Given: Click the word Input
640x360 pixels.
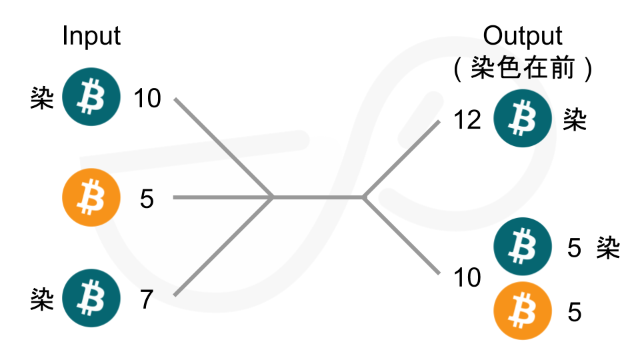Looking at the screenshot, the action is (x=91, y=37).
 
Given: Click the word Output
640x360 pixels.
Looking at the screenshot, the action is (x=523, y=36).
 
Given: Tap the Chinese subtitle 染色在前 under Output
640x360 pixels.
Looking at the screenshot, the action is (x=523, y=67).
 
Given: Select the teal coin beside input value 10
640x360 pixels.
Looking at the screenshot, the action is (x=91, y=97).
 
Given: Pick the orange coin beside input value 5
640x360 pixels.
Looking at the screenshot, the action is (x=91, y=197).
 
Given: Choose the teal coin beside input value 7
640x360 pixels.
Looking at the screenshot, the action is (x=91, y=298).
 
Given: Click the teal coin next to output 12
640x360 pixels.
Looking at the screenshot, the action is (x=523, y=119).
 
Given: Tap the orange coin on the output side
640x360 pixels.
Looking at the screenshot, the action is (x=523, y=311).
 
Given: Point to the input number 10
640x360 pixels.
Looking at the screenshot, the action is (x=147, y=99).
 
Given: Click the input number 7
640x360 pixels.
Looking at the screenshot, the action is (x=147, y=299).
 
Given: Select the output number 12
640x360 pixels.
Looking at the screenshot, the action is (x=467, y=120).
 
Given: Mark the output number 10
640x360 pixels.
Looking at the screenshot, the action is (x=467, y=277).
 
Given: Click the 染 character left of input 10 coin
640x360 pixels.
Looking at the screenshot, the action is (x=42, y=98).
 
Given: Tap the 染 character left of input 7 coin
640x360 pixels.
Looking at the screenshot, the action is (x=42, y=299).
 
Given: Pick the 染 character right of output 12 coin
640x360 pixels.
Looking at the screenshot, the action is (x=575, y=119).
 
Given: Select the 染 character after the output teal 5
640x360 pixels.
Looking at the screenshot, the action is (x=608, y=247).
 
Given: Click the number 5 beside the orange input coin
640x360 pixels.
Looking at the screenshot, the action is (x=147, y=199).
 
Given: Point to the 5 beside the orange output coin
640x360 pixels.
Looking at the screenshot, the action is (x=574, y=313).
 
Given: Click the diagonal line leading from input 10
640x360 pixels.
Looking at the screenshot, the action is (x=223, y=148).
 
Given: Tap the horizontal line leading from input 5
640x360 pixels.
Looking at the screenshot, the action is (x=223, y=197).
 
